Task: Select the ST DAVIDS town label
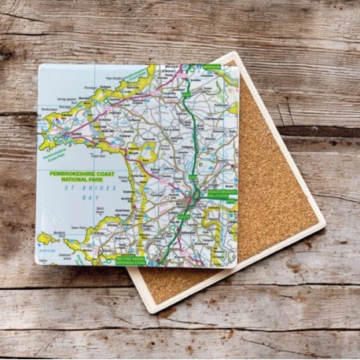pos(77,135)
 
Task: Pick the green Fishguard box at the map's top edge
pos(211,68)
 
